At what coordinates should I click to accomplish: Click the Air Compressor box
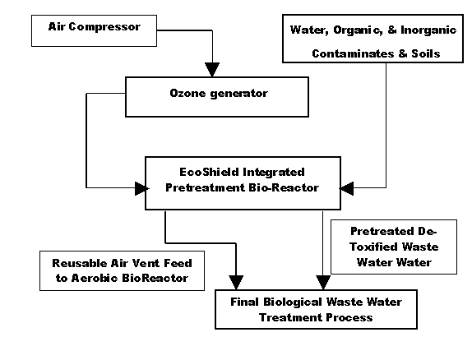pyautogui.click(x=94, y=30)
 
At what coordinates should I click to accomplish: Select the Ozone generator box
pyautogui.click(x=217, y=97)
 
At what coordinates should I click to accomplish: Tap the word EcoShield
pyautogui.click(x=209, y=172)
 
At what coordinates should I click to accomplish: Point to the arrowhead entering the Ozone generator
pyautogui.click(x=212, y=70)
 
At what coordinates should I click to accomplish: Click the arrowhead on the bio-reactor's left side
pyautogui.click(x=141, y=188)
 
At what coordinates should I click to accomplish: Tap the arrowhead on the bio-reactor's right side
pyautogui.click(x=346, y=188)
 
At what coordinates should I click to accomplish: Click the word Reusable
pyautogui.click(x=80, y=263)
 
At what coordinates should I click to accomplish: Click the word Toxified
pyautogui.click(x=373, y=247)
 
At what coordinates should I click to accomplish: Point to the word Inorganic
pyautogui.click(x=428, y=30)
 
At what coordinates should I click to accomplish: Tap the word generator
pyautogui.click(x=238, y=94)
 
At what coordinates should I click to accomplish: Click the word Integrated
pyautogui.click(x=274, y=173)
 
